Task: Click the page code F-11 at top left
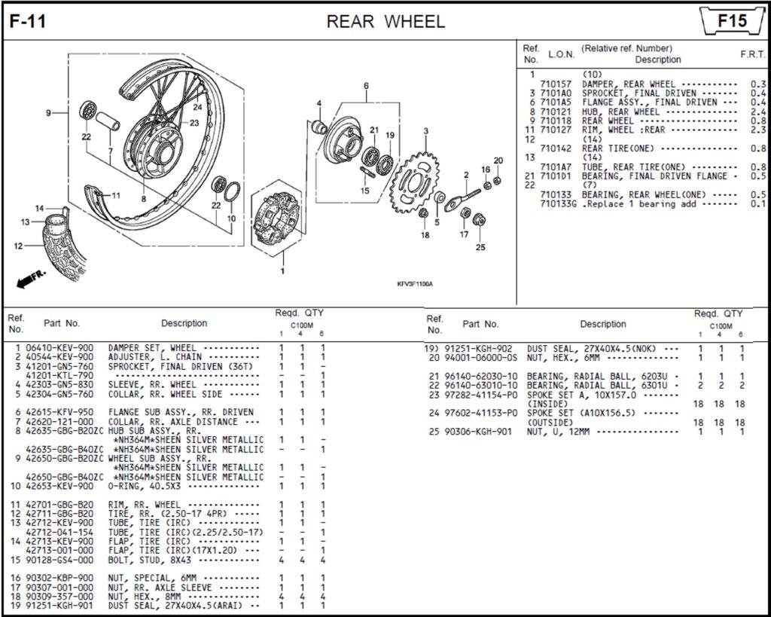pos(28,21)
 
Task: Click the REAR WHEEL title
pos(385,21)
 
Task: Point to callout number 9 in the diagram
pos(47,113)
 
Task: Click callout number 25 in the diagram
pos(480,247)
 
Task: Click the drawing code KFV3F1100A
pos(416,284)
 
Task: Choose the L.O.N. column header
pos(561,54)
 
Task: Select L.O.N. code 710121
pos(556,111)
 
